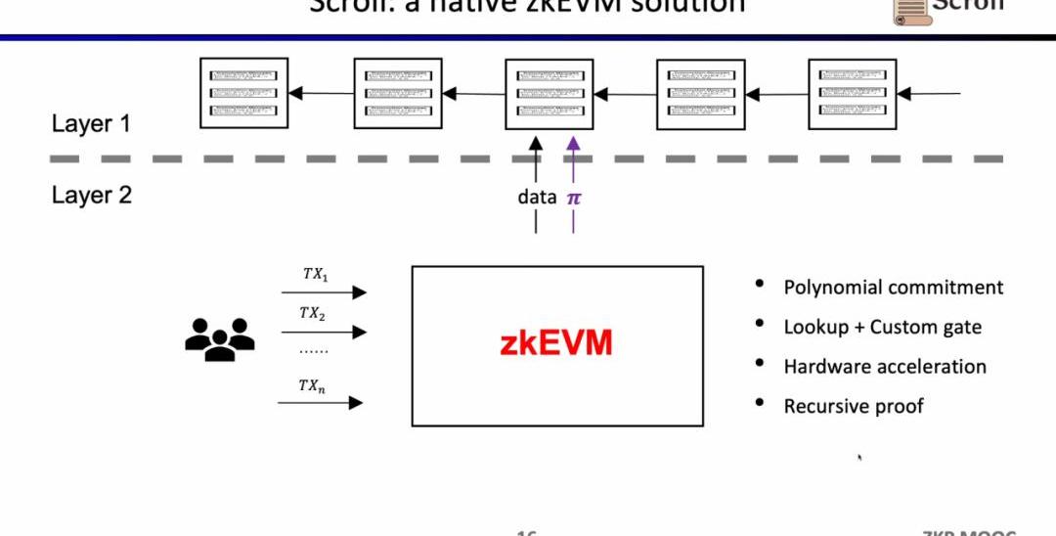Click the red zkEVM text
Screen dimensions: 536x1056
pos(556,344)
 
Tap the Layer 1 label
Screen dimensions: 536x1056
pos(91,124)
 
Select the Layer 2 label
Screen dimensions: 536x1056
pos(91,195)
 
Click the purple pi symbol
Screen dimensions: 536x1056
pos(574,197)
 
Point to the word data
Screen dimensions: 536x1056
pos(537,197)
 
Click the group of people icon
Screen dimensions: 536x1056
pos(219,338)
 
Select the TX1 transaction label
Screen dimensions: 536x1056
pos(315,274)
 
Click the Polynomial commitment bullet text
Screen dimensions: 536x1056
pos(893,288)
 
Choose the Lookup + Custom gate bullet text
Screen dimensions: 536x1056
pos(882,328)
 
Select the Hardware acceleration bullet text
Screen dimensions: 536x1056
pos(885,367)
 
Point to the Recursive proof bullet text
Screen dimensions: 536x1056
pos(853,406)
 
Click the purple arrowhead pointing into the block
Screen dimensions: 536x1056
pos(573,143)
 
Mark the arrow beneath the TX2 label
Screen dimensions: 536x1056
pos(323,333)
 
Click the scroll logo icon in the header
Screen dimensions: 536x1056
pos(909,10)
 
